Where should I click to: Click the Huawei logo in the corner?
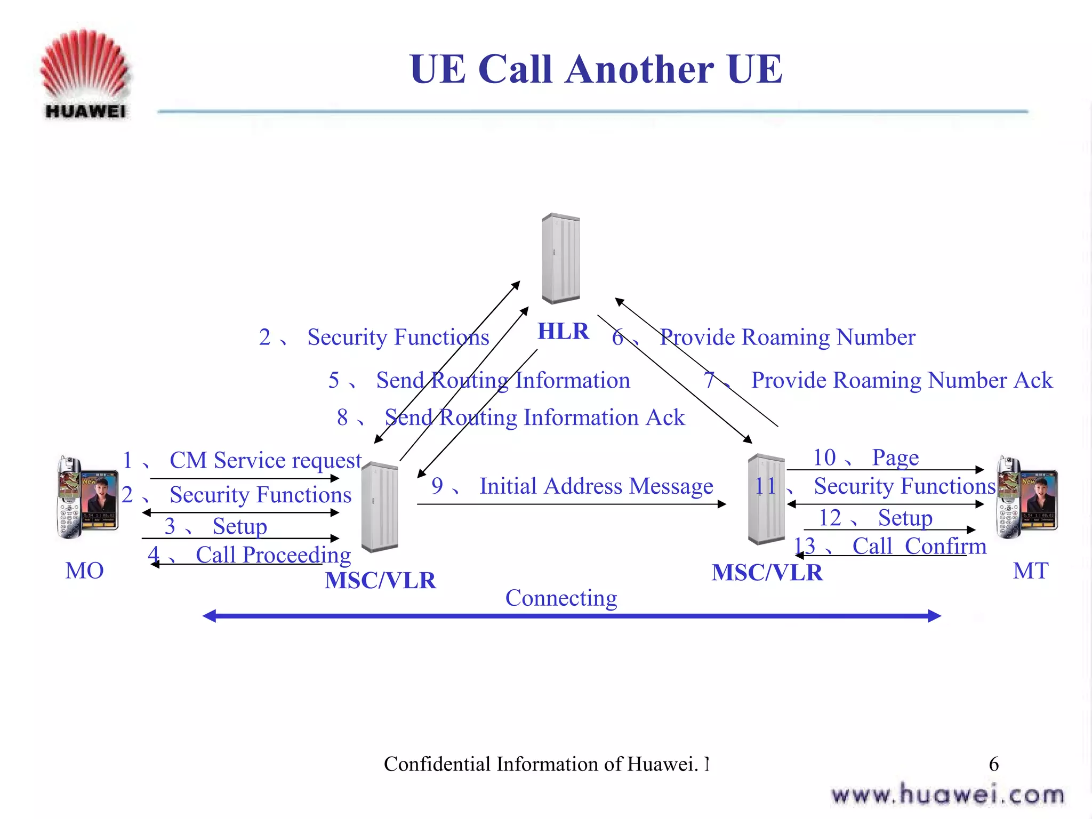pos(85,73)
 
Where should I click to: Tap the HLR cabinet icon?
pos(560,258)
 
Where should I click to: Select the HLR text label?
pos(563,331)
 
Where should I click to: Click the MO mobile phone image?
pos(87,497)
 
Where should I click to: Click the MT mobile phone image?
pos(1026,497)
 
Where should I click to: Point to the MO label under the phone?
pos(84,571)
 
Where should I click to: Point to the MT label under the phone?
pos(1030,571)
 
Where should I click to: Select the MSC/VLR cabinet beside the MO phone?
pos(379,507)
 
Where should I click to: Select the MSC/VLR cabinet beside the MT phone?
pos(766,499)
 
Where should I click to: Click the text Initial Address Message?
pos(596,486)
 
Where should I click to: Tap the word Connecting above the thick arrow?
pos(561,598)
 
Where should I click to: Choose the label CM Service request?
pos(265,460)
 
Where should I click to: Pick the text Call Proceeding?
pos(273,555)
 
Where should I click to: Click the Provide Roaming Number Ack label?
pos(902,380)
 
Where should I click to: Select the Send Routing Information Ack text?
pos(534,417)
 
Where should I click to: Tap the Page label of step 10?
pos(895,457)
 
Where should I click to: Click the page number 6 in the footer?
pos(993,764)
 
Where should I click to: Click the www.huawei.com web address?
pos(948,795)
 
